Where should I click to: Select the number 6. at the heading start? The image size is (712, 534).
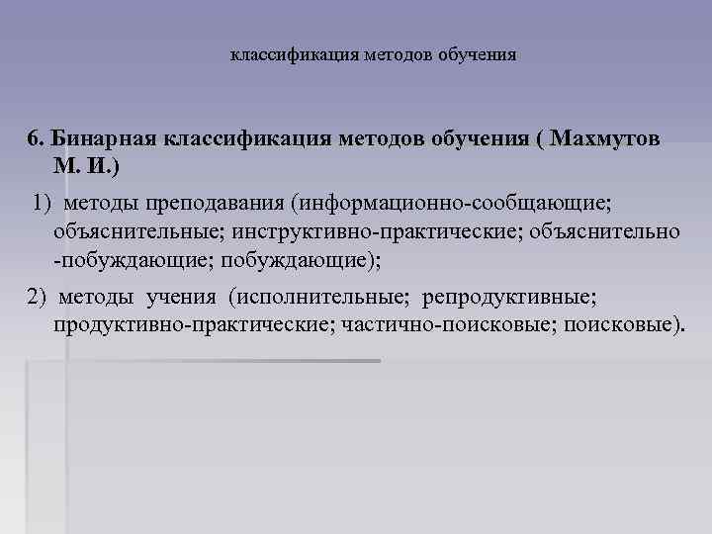click(x=37, y=138)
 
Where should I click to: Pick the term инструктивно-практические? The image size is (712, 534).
click(x=372, y=231)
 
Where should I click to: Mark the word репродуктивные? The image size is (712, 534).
click(x=506, y=298)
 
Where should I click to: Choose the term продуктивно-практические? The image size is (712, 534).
click(x=194, y=325)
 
